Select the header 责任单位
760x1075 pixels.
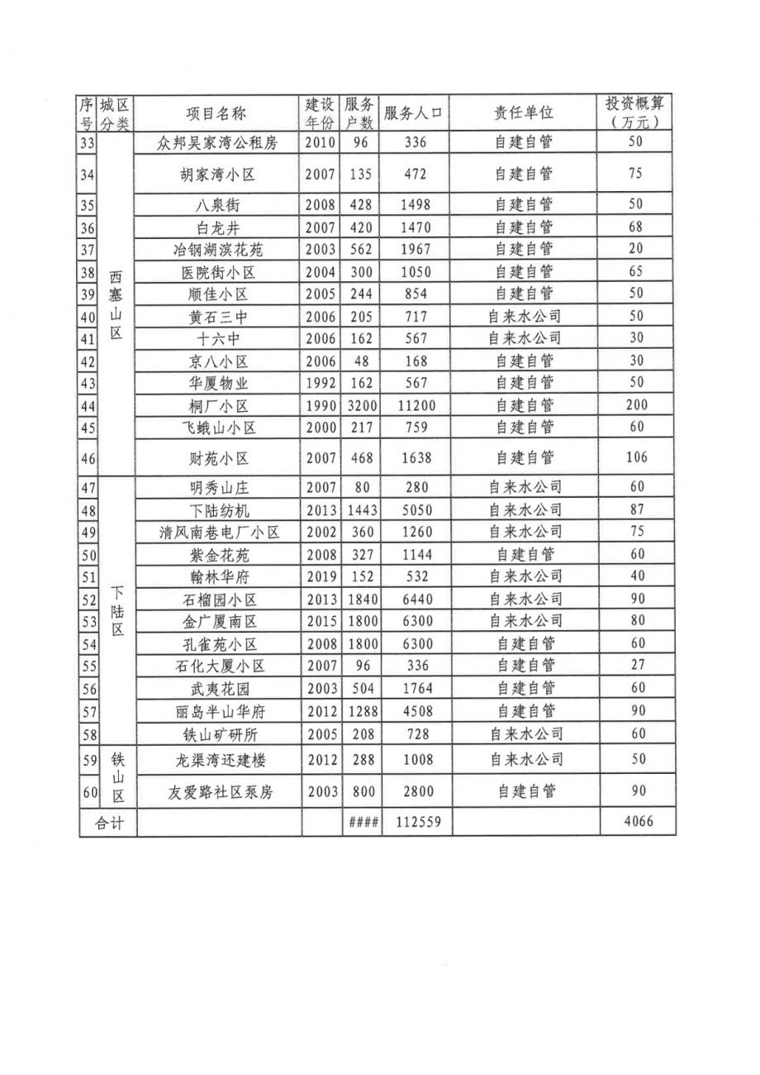tap(524, 113)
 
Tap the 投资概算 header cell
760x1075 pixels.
tap(636, 113)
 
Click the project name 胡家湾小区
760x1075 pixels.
tap(217, 174)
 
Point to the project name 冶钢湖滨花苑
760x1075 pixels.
tap(217, 249)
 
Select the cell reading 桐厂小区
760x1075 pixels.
tap(217, 406)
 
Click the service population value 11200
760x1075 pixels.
tap(417, 406)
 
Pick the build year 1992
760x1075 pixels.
tap(321, 384)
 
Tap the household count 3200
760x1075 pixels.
tap(361, 406)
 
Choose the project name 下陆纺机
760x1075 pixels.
tap(217, 510)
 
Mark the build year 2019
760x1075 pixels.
tap(321, 576)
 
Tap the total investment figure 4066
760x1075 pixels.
tap(636, 823)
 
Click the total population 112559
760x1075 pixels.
tap(417, 823)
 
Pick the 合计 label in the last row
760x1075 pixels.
tap(109, 823)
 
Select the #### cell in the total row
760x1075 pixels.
tap(362, 823)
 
